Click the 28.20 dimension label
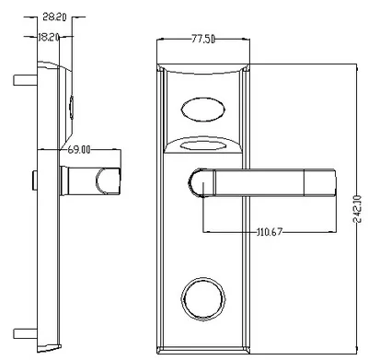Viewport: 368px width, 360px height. pos(54,17)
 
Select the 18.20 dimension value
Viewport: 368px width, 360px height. pos(49,38)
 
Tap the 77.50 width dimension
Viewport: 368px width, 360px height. pos(203,40)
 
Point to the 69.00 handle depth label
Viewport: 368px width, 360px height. pos(79,150)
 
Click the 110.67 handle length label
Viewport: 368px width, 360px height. pos(270,232)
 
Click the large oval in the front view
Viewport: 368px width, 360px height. pos(203,110)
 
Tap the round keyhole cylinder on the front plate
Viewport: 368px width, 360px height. pos(203,299)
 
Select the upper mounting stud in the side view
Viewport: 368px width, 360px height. pos(25,80)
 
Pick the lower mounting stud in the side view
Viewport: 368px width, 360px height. pos(25,334)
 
